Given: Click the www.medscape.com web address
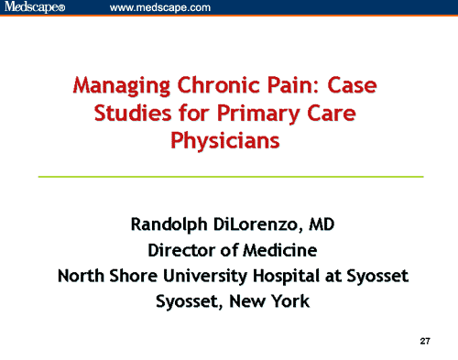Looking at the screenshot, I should [160, 8].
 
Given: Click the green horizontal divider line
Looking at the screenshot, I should [230, 176].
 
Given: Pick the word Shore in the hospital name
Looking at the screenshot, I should [134, 275].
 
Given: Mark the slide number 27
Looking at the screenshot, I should [425, 341].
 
